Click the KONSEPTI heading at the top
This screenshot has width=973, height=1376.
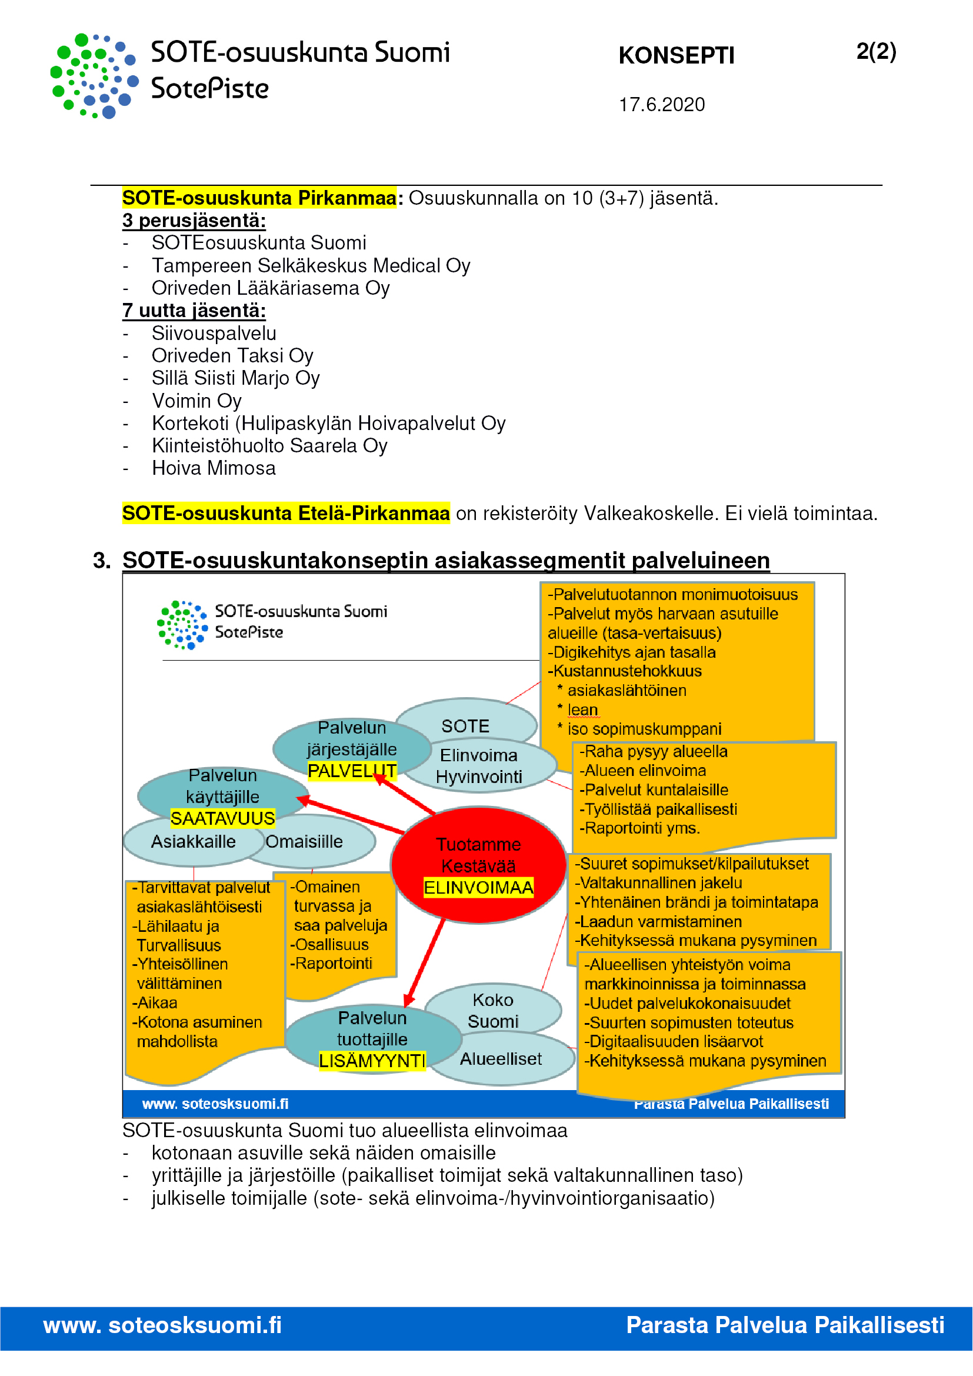pos(676,56)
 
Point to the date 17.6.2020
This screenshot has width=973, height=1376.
pos(661,105)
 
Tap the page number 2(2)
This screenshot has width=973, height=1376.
pos(876,52)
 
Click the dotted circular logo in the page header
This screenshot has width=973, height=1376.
pos(95,76)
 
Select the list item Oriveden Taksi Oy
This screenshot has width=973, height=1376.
pos(232,356)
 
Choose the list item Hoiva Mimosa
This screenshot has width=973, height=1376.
pos(214,468)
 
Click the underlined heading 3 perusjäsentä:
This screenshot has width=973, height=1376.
pos(194,221)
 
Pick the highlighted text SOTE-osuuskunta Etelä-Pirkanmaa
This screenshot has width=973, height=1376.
pos(286,514)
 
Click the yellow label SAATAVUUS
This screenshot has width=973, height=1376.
pos(222,819)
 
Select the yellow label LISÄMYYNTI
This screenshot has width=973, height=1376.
pos(372,1061)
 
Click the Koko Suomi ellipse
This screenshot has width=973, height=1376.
pos(492,1011)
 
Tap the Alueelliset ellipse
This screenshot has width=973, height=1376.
pos(501,1060)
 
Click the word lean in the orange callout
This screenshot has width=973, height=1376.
pos(582,710)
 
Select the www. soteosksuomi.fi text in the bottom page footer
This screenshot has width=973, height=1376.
pos(162,1325)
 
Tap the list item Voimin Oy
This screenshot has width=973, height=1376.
pos(196,401)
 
